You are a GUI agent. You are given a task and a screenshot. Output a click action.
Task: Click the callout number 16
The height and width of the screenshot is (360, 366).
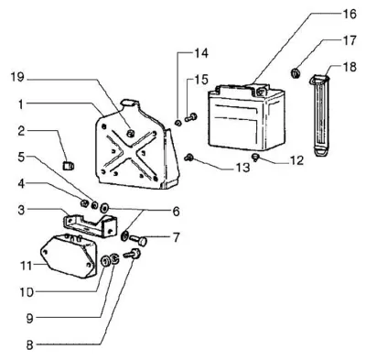pyautogui.click(x=348, y=14)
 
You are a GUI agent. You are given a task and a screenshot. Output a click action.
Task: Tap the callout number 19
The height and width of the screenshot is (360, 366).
pyautogui.click(x=17, y=77)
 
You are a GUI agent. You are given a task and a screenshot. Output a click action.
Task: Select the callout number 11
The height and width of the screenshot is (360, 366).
pyautogui.click(x=27, y=266)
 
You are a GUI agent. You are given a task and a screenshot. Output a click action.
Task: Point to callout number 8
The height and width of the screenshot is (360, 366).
pyautogui.click(x=29, y=345)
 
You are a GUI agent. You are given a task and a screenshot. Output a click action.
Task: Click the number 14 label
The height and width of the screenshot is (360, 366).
pyautogui.click(x=201, y=53)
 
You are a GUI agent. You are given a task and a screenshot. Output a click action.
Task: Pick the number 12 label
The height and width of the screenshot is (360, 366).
pyautogui.click(x=296, y=160)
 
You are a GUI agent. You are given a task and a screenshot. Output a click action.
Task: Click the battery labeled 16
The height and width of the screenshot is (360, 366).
pyautogui.click(x=246, y=117)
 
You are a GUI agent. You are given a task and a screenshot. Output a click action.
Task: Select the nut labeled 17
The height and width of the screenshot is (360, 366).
pyautogui.click(x=295, y=73)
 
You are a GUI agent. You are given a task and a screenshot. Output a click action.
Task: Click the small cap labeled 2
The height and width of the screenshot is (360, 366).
pyautogui.click(x=69, y=166)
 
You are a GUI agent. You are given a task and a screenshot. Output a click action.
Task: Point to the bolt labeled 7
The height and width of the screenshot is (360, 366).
pyautogui.click(x=139, y=241)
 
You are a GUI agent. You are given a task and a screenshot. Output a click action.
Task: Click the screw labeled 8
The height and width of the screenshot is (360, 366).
pyautogui.click(x=132, y=254)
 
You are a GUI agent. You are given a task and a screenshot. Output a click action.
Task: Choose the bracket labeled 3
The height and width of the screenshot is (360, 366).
pyautogui.click(x=91, y=226)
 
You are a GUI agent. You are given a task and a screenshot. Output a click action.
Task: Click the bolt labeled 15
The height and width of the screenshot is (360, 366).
pyautogui.click(x=191, y=117)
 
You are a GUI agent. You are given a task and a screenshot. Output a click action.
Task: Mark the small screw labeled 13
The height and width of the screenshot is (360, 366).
pyautogui.click(x=188, y=158)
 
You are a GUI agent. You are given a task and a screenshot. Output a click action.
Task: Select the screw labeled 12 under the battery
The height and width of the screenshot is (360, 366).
pyautogui.click(x=254, y=158)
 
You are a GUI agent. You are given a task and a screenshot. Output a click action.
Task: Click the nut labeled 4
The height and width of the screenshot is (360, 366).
pyautogui.click(x=84, y=202)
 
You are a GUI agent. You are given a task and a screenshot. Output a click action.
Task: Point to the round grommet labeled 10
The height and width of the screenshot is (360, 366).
pyautogui.click(x=105, y=261)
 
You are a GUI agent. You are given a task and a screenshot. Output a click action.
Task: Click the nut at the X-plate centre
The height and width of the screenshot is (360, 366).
pyautogui.click(x=131, y=133)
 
